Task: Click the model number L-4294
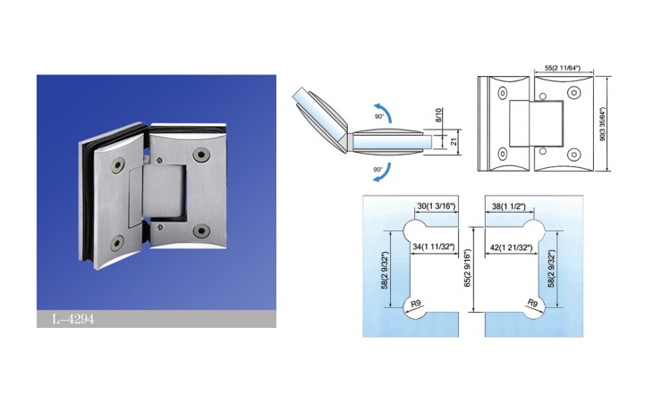tap(72, 319)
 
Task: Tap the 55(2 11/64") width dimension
tap(563, 68)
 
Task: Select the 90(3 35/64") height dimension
tap(602, 124)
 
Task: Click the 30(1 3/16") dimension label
tap(436, 205)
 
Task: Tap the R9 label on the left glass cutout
tap(416, 304)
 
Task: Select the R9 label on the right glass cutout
tap(533, 303)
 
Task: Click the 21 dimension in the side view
tap(454, 141)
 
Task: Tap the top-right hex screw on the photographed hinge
tap(201, 155)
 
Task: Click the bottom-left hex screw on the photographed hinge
tap(116, 244)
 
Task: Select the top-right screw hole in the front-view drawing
tap(574, 93)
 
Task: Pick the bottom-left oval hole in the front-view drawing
tap(503, 155)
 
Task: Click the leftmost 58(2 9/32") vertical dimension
tap(386, 271)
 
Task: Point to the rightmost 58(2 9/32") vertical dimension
tap(551, 269)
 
